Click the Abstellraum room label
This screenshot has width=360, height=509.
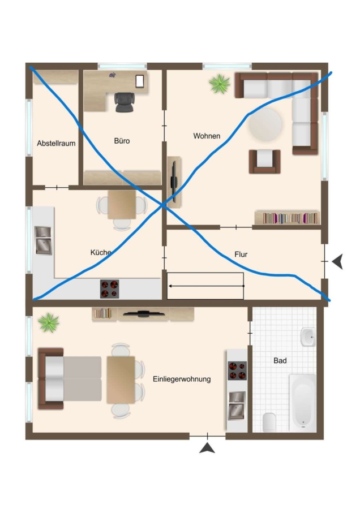(56, 143)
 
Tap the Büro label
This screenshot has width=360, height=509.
(122, 141)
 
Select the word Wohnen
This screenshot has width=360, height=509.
(207, 136)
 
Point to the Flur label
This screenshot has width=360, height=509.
(241, 254)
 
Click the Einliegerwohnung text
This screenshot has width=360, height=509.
(182, 379)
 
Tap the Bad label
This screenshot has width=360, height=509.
(280, 360)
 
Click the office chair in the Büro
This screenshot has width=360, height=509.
(124, 102)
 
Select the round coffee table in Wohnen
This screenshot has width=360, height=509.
(265, 124)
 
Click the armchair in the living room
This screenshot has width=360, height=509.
(265, 161)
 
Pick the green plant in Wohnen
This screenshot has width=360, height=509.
(220, 84)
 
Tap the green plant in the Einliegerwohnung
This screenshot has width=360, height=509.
(49, 323)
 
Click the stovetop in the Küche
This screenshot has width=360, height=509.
(109, 289)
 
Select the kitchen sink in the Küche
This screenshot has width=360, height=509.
(43, 240)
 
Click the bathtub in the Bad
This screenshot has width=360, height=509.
(302, 403)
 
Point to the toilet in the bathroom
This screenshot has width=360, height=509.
(269, 422)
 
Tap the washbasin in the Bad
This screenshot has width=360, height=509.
(308, 337)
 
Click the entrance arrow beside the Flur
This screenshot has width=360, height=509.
(337, 261)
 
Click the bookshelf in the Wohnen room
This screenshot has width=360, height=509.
(287, 218)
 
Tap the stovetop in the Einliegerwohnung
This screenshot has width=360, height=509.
(237, 370)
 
